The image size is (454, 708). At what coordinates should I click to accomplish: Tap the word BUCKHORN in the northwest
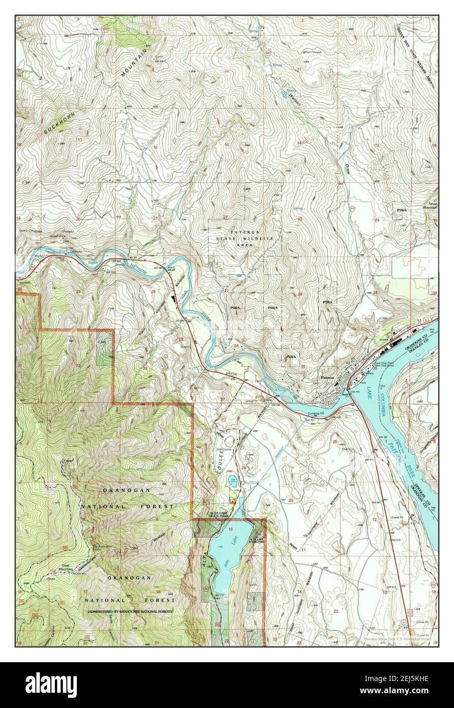pos(55,122)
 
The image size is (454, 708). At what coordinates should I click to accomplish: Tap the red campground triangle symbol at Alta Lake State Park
pos(234,502)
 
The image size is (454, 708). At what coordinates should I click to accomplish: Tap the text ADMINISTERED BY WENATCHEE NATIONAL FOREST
pos(129,611)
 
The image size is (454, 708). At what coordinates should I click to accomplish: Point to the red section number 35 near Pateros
pos(303,367)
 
